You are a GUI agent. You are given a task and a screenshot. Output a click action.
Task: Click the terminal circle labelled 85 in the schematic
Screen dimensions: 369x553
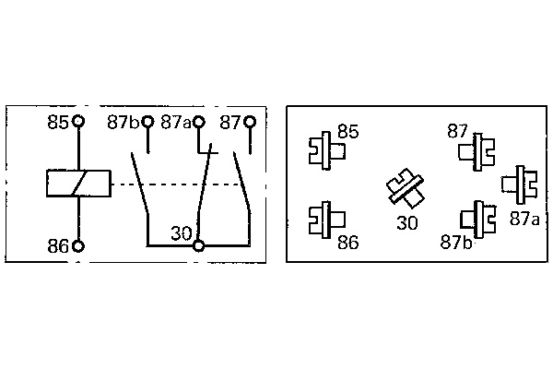click(x=78, y=121)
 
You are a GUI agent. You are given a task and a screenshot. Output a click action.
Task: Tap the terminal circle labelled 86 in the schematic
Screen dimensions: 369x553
click(x=78, y=246)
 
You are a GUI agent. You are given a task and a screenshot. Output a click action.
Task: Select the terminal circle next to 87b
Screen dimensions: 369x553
click(x=147, y=121)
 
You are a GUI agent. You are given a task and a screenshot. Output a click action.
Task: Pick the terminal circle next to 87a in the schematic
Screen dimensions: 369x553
click(x=198, y=121)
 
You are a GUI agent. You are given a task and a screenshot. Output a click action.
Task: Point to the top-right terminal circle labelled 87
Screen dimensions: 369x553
click(x=250, y=121)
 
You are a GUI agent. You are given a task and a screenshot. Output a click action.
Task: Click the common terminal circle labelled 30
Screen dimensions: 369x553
click(x=198, y=246)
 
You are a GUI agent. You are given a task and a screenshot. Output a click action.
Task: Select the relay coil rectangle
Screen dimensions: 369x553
click(x=77, y=184)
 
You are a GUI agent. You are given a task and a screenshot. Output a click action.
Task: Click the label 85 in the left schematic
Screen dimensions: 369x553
click(x=58, y=122)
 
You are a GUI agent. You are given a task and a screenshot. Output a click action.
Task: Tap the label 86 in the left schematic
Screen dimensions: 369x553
click(x=58, y=246)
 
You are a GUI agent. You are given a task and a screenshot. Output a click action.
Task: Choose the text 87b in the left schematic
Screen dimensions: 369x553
click(x=123, y=122)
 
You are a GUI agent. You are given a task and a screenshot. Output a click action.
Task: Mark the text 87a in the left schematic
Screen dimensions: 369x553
click(x=175, y=122)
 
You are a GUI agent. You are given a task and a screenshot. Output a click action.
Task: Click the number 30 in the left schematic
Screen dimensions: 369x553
click(x=181, y=234)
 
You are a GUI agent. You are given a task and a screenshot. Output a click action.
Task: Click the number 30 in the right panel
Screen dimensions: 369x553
click(x=406, y=222)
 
